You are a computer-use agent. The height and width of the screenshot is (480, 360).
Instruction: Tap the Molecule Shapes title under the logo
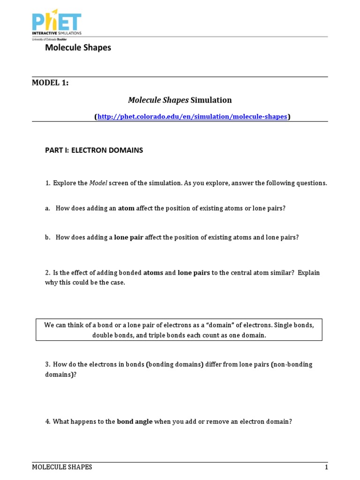click(78, 48)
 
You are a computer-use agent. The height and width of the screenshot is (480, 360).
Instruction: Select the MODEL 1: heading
click(50, 83)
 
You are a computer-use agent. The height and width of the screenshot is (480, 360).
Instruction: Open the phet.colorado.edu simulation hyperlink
click(192, 117)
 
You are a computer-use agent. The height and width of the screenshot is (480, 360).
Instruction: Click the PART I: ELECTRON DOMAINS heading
click(94, 150)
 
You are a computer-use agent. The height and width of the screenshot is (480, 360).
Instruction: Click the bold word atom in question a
click(126, 208)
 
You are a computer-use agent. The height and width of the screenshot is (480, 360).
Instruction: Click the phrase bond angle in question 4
click(135, 421)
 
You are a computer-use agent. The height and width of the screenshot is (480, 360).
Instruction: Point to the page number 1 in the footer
click(326, 467)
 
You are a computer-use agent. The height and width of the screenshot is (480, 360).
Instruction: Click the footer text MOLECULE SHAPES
click(62, 467)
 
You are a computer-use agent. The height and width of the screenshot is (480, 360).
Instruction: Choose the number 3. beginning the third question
click(48, 365)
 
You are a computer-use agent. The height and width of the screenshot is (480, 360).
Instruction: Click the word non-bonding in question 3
click(293, 365)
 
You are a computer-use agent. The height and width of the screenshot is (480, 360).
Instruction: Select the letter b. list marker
click(48, 237)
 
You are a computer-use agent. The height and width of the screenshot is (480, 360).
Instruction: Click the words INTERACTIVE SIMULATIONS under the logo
click(57, 33)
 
